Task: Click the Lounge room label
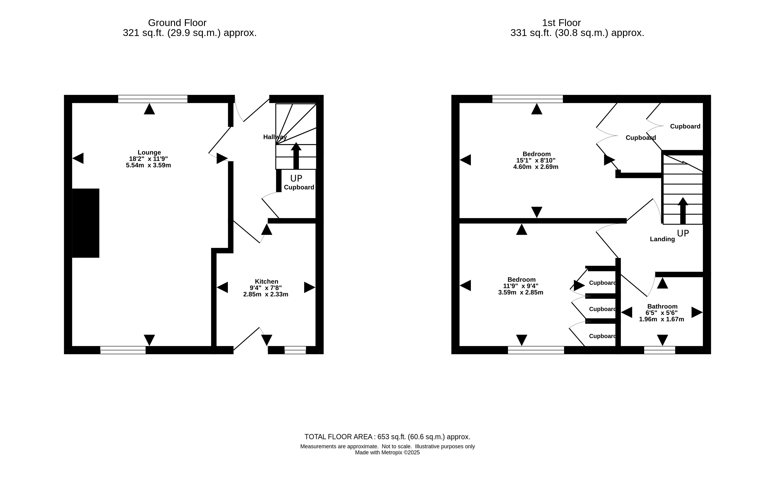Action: pos(149,152)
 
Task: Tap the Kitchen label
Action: pos(266,281)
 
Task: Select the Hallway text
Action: pos(275,137)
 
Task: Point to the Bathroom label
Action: pos(662,306)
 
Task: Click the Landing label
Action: pos(662,239)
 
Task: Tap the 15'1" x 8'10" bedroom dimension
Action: pos(536,160)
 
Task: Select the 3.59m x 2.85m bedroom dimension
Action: pos(521,292)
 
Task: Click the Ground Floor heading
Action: pos(177,23)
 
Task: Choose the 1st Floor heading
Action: pos(561,23)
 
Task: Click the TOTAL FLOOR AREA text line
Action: pos(387,437)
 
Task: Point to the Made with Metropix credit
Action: pos(387,452)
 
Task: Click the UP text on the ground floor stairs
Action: pos(296,178)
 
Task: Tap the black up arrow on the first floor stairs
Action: pos(683,211)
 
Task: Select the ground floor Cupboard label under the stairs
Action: pos(299,187)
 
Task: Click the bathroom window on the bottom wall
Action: pos(659,350)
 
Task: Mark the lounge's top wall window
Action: pos(153,99)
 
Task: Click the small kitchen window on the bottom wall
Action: pos(295,350)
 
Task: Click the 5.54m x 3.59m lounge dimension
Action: pos(148,165)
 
